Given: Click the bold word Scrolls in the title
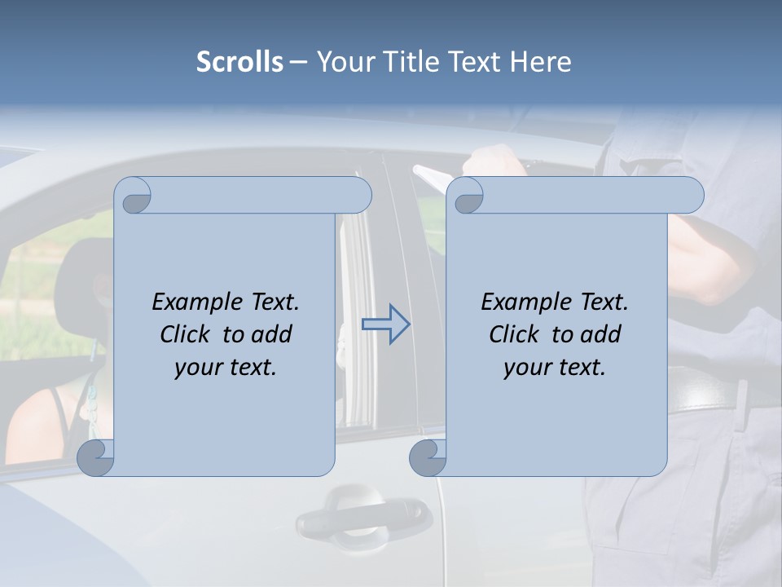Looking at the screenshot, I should (239, 61).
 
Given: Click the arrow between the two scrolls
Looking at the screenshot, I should (385, 324).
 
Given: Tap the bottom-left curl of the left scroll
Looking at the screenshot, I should (95, 457).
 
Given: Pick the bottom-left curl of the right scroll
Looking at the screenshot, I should (427, 457).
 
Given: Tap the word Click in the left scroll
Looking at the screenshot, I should (185, 334).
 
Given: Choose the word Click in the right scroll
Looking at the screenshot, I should (514, 334).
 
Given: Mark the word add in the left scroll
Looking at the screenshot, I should (272, 334).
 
